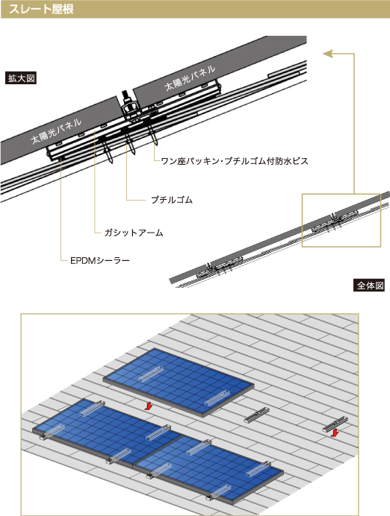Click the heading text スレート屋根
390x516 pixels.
(41, 9)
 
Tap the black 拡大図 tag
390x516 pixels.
(21, 78)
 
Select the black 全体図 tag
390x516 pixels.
(369, 286)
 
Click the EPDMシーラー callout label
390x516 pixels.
(100, 261)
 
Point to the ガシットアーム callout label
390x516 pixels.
(134, 233)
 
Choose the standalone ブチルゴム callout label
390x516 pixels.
(171, 200)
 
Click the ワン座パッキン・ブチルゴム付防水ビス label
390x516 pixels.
(235, 161)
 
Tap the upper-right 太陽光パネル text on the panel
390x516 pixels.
(191, 78)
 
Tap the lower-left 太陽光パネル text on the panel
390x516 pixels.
(56, 131)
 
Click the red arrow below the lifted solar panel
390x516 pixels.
(149, 406)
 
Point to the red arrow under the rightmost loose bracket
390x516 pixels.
(335, 433)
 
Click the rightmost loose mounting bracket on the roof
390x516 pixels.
(335, 424)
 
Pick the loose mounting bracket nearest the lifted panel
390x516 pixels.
(257, 415)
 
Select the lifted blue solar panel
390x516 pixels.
(179, 383)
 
